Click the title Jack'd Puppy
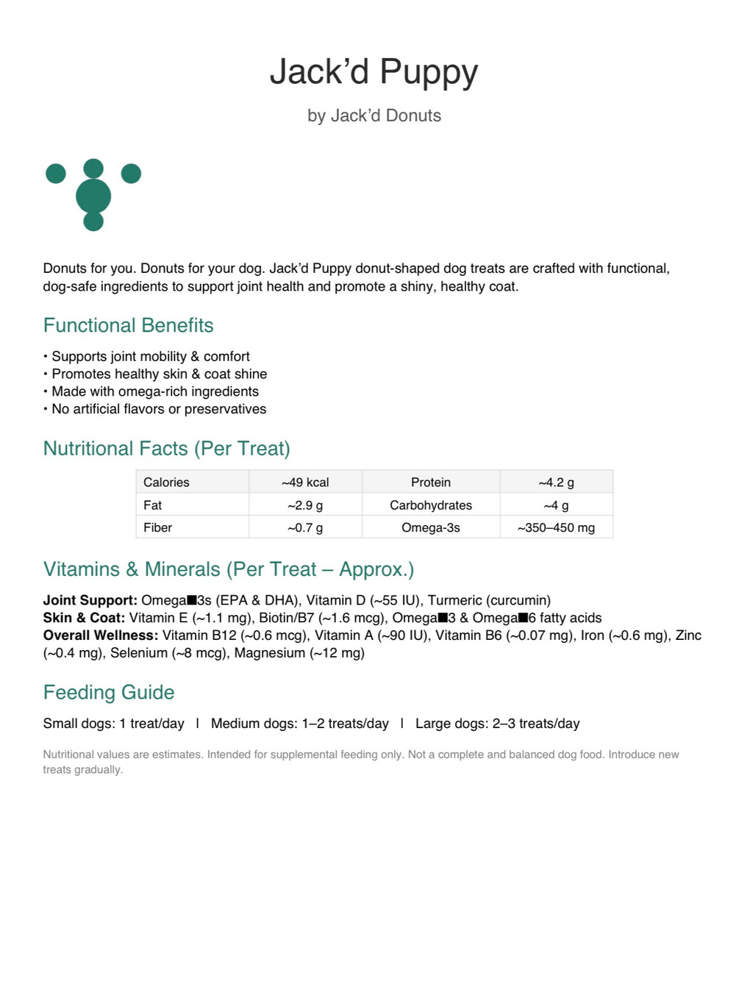pos(374,72)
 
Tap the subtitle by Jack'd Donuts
pos(374,115)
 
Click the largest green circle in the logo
pos(93,196)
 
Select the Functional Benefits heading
pos(128,325)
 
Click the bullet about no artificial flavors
pos(158,409)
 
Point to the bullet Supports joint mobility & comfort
pos(150,356)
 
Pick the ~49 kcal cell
pos(305,482)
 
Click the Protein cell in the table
pos(431,482)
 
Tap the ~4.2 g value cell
pos(556,482)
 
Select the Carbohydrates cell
pos(431,505)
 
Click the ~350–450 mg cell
pos(556,527)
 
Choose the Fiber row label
pos(158,527)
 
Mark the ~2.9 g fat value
pos(305,505)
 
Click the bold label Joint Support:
pos(90,600)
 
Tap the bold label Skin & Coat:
pos(84,618)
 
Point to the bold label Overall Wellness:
pos(101,635)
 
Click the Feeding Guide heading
pos(109,692)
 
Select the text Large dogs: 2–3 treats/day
pos(497,724)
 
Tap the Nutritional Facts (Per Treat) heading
pos(166,449)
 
